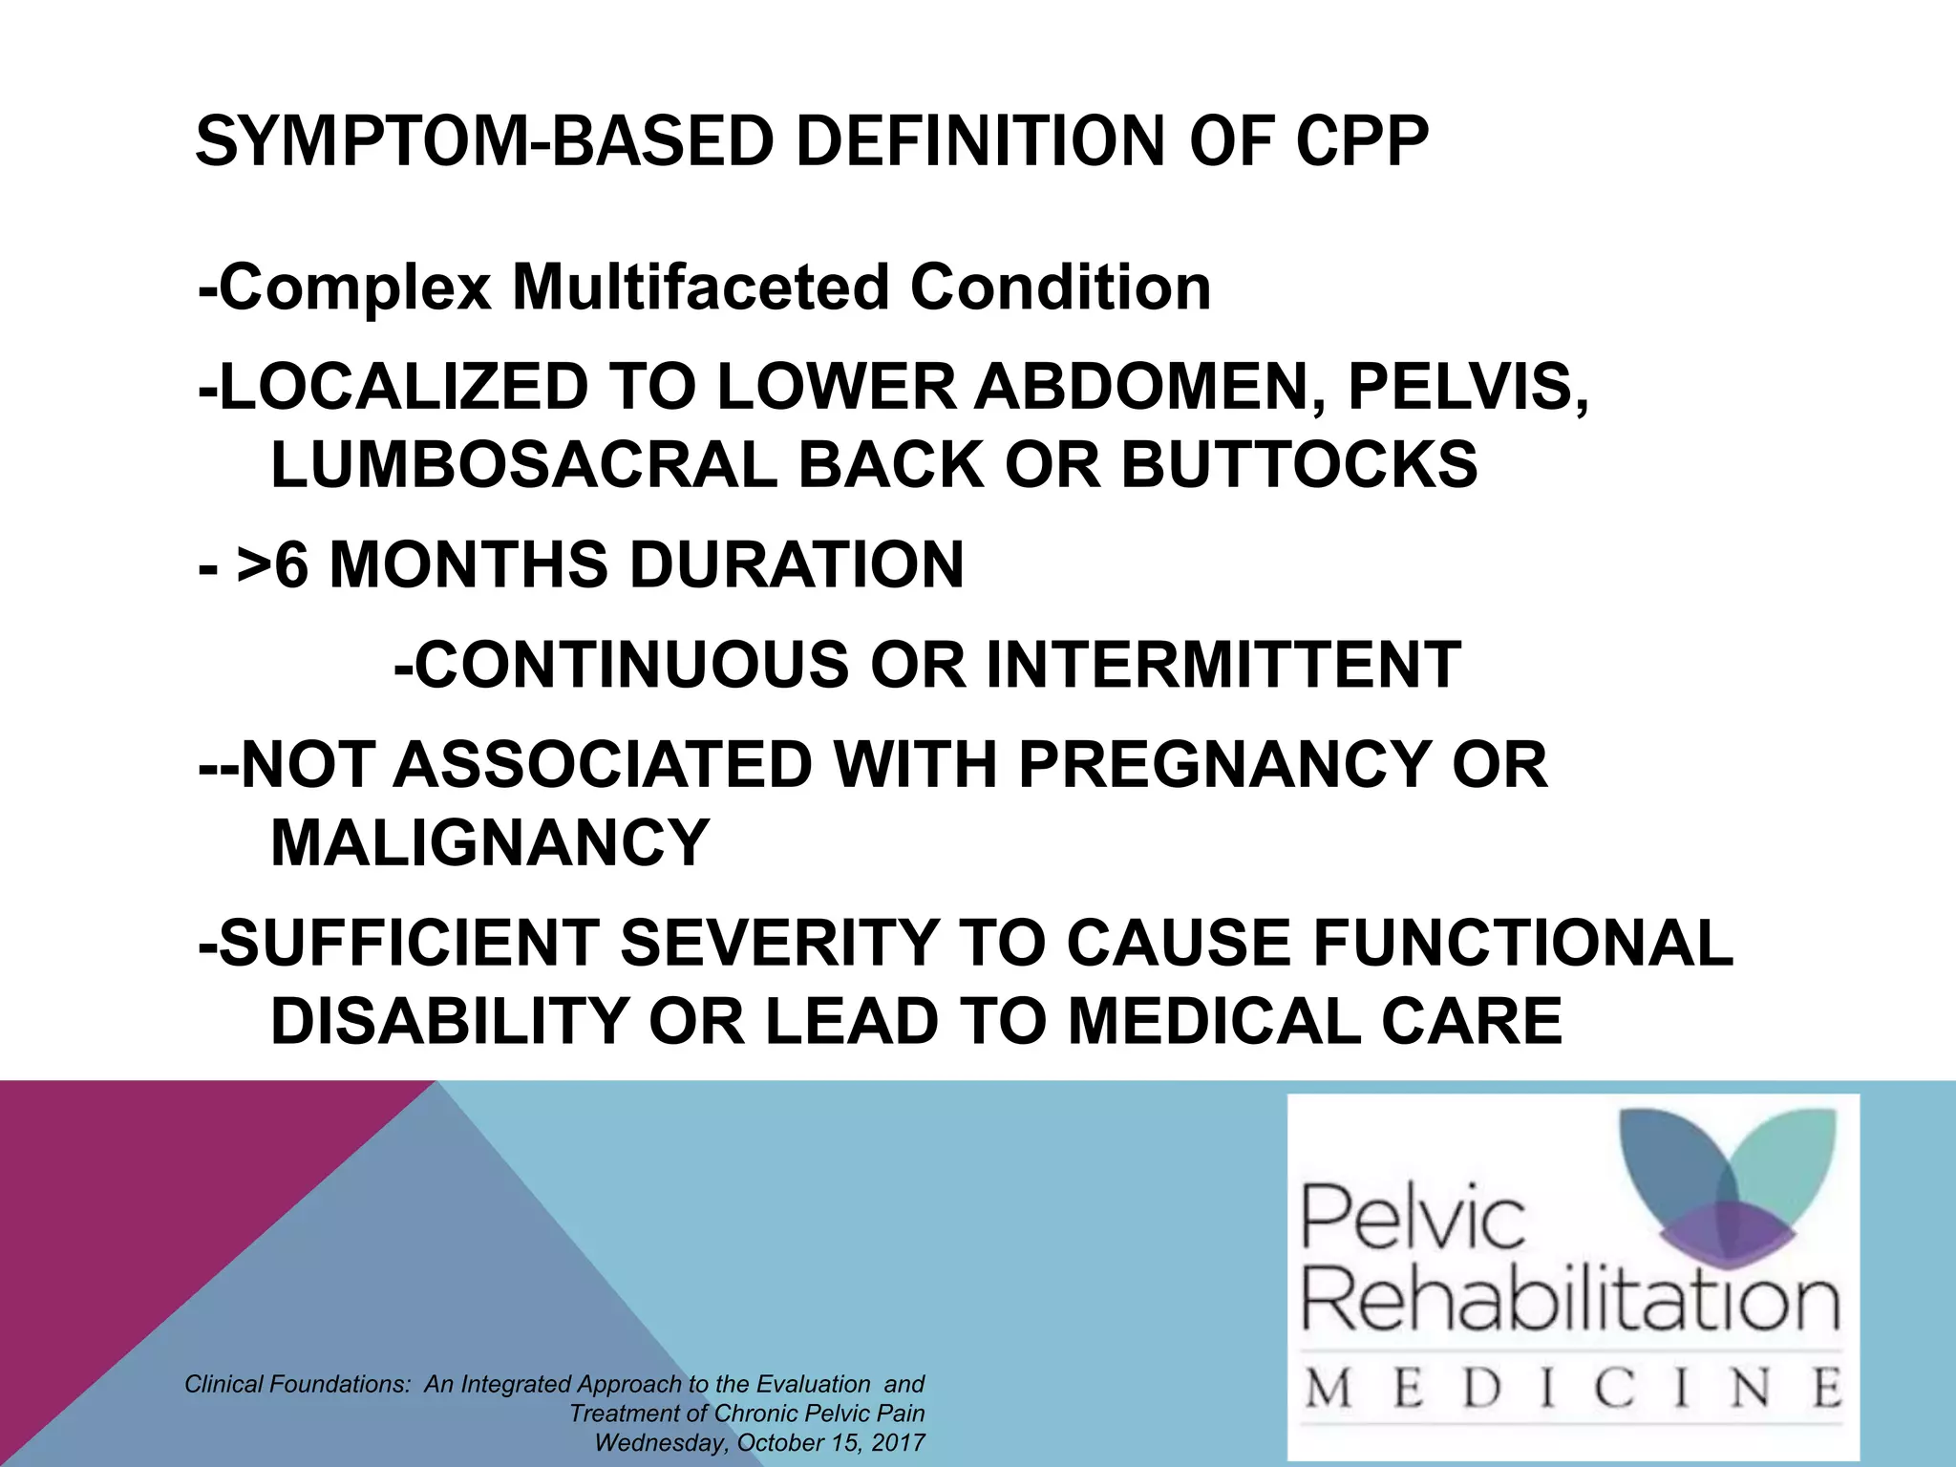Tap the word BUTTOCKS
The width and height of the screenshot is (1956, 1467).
[x=1299, y=465]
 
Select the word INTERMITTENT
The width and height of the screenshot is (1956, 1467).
[x=1222, y=665]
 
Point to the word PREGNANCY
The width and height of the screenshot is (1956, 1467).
[x=1223, y=765]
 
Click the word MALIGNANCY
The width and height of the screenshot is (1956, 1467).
[x=490, y=842]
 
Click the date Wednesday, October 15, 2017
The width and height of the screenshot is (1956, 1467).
[x=759, y=1442]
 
